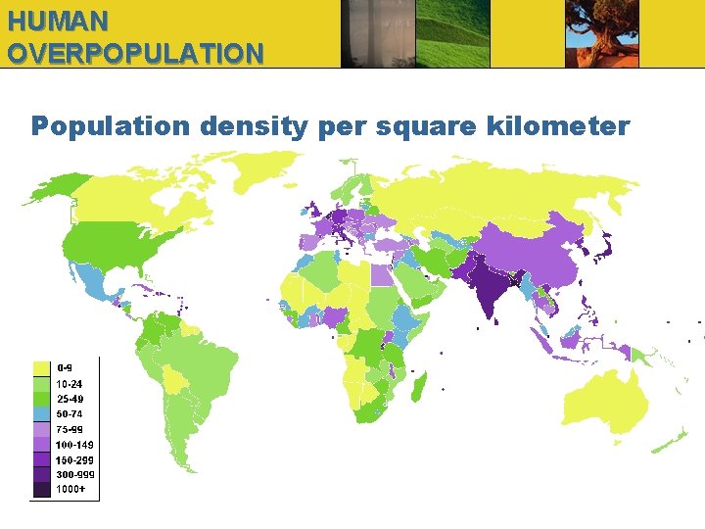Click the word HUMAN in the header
coord(58,20)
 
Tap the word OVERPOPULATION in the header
coord(135,52)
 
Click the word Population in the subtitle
coord(111,126)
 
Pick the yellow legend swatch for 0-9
coord(41,368)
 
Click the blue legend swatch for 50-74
coord(41,414)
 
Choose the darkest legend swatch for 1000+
coord(41,489)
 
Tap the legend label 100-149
coord(75,445)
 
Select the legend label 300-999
coord(75,474)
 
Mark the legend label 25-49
coord(70,399)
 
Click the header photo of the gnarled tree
coord(600,33)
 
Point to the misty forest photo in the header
coord(377,33)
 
